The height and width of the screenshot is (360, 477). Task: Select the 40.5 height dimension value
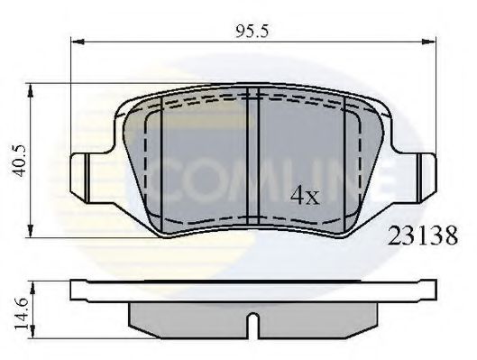click(x=16, y=160)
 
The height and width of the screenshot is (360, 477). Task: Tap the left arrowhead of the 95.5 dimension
click(x=77, y=41)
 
